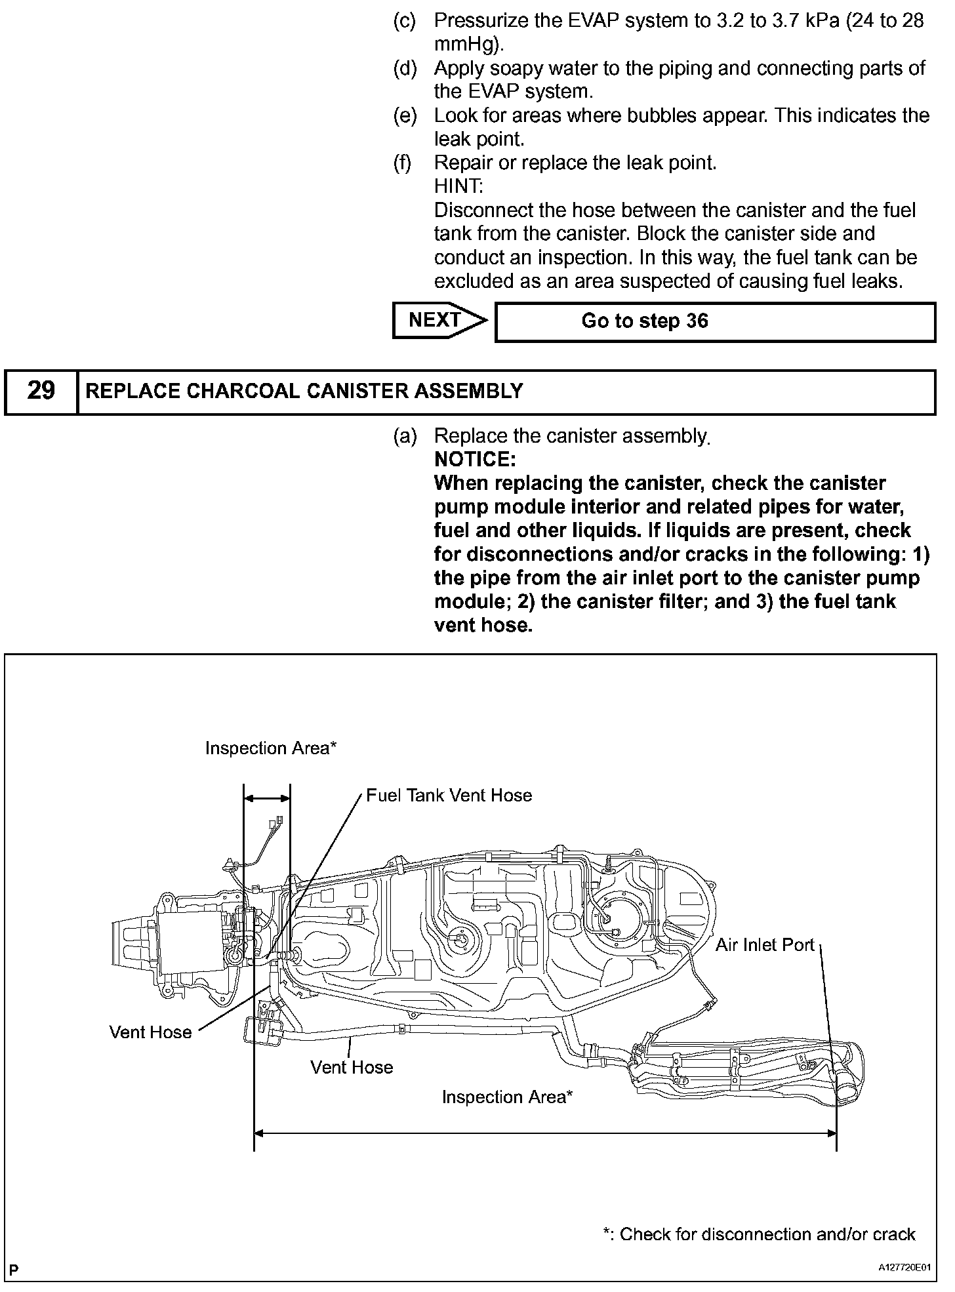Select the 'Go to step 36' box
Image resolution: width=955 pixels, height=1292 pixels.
click(714, 321)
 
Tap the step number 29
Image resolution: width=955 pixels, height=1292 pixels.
click(41, 392)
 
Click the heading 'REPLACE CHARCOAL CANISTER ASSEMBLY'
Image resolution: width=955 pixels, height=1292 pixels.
click(304, 392)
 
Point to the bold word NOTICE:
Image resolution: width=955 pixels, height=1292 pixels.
click(475, 459)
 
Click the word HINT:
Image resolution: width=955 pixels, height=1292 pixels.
click(458, 187)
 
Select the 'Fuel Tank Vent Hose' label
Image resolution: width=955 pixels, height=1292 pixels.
click(449, 796)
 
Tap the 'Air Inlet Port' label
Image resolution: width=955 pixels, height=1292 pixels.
click(764, 944)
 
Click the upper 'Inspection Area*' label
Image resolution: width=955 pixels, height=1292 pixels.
click(270, 748)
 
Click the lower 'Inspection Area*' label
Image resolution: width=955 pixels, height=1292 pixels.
click(507, 1097)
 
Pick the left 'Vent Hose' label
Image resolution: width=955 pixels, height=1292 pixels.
click(150, 1032)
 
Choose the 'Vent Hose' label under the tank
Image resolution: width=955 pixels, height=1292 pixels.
click(352, 1067)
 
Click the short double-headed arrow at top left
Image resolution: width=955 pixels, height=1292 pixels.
click(266, 798)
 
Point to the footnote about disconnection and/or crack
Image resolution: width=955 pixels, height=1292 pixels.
click(758, 1234)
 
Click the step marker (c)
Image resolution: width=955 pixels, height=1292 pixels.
click(404, 21)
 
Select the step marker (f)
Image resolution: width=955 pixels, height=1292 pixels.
click(403, 163)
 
